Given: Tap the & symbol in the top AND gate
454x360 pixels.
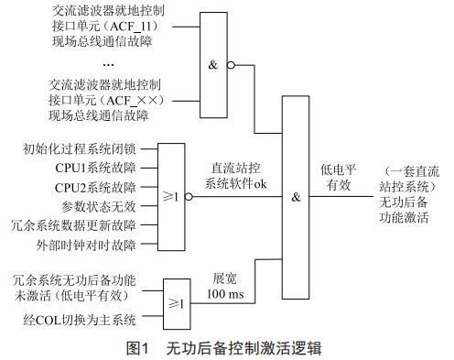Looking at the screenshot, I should [213, 65].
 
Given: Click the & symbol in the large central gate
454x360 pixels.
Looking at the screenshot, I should [297, 196].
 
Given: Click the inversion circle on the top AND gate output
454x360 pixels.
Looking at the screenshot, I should [232, 65].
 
